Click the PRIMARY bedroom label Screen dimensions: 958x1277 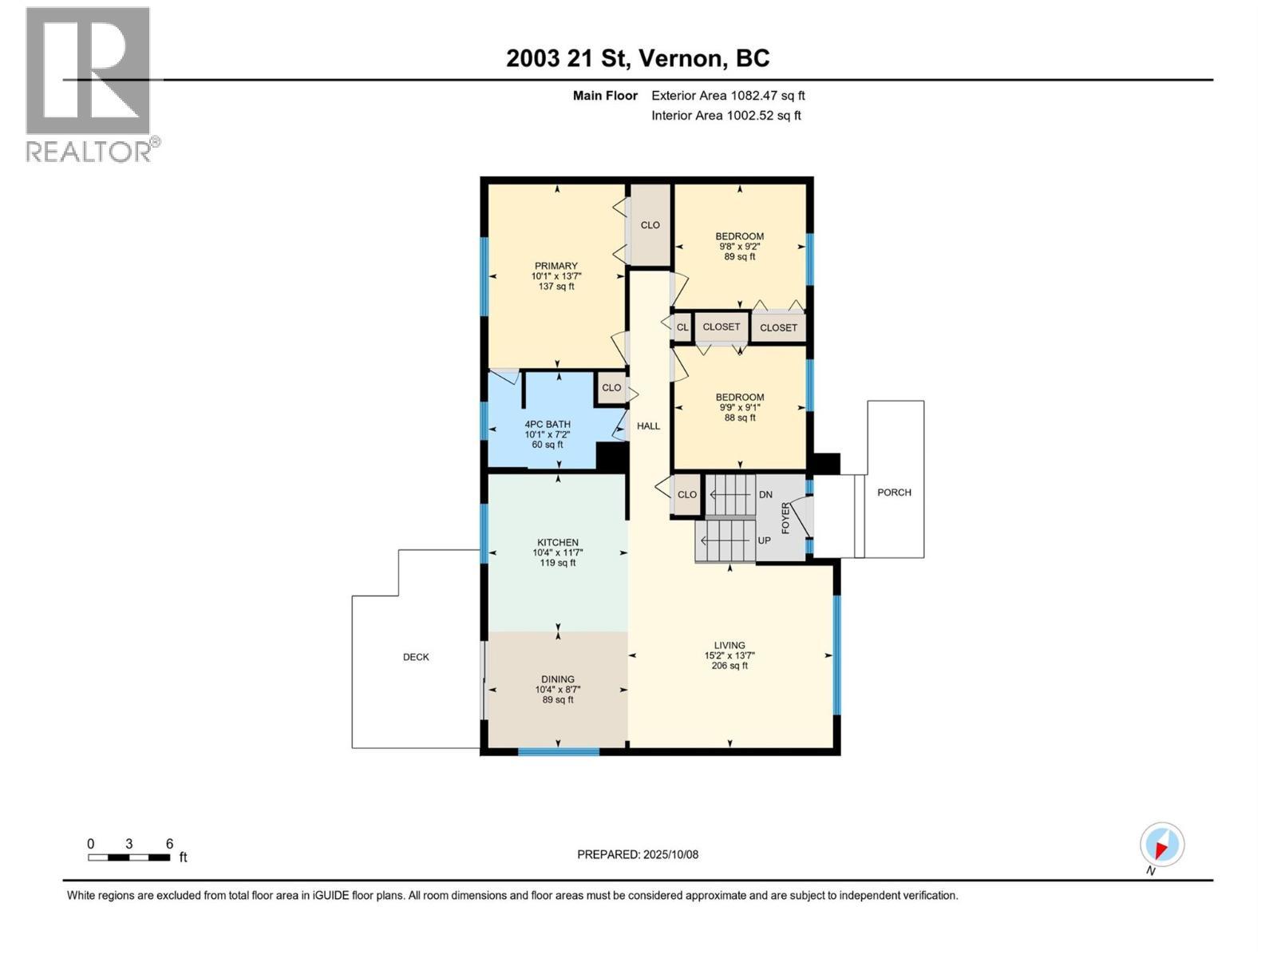[556, 267]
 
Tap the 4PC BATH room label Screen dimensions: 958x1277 [548, 425]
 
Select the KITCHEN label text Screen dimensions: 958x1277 [557, 543]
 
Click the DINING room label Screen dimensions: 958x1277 [558, 679]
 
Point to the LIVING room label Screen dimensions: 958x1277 [729, 646]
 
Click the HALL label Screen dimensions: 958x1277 [648, 426]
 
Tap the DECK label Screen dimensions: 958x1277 [416, 657]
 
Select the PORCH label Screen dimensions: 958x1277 [894, 493]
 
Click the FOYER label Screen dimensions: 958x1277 [785, 518]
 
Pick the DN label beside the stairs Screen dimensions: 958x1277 [765, 495]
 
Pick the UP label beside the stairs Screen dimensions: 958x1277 [764, 540]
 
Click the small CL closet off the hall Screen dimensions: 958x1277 [682, 327]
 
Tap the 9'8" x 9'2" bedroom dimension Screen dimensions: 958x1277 [740, 247]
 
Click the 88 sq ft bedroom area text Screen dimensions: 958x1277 [740, 418]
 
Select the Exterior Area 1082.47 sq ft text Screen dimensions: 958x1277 [728, 96]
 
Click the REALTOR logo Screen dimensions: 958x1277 [89, 84]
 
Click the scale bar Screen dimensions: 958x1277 [128, 857]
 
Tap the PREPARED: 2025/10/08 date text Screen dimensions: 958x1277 [638, 854]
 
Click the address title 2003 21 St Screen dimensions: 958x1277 [638, 58]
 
